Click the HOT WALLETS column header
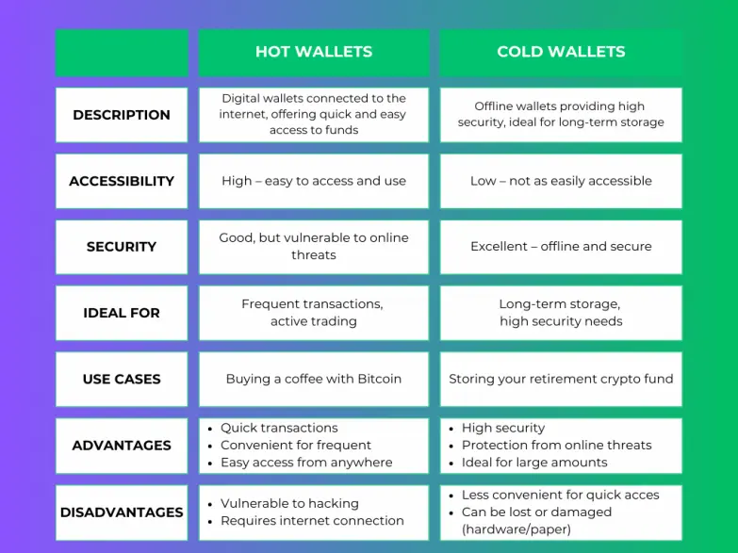314,51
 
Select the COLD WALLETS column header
561,51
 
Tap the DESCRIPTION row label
122,115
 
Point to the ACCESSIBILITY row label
122,181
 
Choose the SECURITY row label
122,247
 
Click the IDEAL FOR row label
122,313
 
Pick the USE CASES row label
122,379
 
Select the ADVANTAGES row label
122,446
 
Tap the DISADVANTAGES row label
122,512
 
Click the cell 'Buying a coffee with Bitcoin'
314,379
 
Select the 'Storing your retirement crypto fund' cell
561,379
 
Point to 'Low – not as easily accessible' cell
561,181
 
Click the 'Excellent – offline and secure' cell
561,246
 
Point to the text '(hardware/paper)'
517,529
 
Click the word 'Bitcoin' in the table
379,379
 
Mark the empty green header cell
122,53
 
